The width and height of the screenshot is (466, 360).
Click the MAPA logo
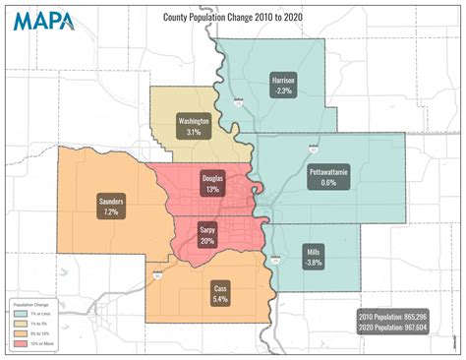[42, 21]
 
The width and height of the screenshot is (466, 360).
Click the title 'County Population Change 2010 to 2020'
[233, 17]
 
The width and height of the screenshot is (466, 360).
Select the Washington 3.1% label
[195, 125]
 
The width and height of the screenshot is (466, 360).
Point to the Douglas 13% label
[212, 183]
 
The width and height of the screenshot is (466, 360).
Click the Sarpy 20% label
[207, 233]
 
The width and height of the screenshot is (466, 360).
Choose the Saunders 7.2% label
[111, 206]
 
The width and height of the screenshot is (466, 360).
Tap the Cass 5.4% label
[221, 292]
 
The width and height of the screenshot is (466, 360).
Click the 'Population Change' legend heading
[29, 305]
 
